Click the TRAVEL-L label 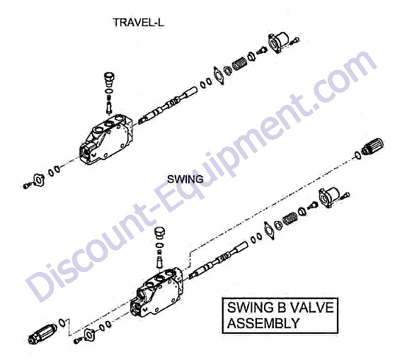(138, 23)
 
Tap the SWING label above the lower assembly (185, 179)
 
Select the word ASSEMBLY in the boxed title (263, 323)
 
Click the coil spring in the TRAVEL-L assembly (239, 63)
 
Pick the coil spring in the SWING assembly (290, 218)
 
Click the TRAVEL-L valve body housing (106, 140)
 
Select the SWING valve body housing (156, 293)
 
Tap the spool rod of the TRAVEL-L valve (167, 106)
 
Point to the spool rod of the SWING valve (218, 260)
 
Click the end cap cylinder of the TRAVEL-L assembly (278, 43)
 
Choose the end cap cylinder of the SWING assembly (329, 197)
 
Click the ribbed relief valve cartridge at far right (372, 147)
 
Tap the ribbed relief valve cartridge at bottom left (42, 334)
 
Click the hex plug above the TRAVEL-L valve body (110, 79)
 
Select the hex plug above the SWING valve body (160, 234)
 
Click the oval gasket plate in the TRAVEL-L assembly (219, 75)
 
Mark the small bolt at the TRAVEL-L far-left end (27, 186)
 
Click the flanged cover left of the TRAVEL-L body (39, 180)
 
